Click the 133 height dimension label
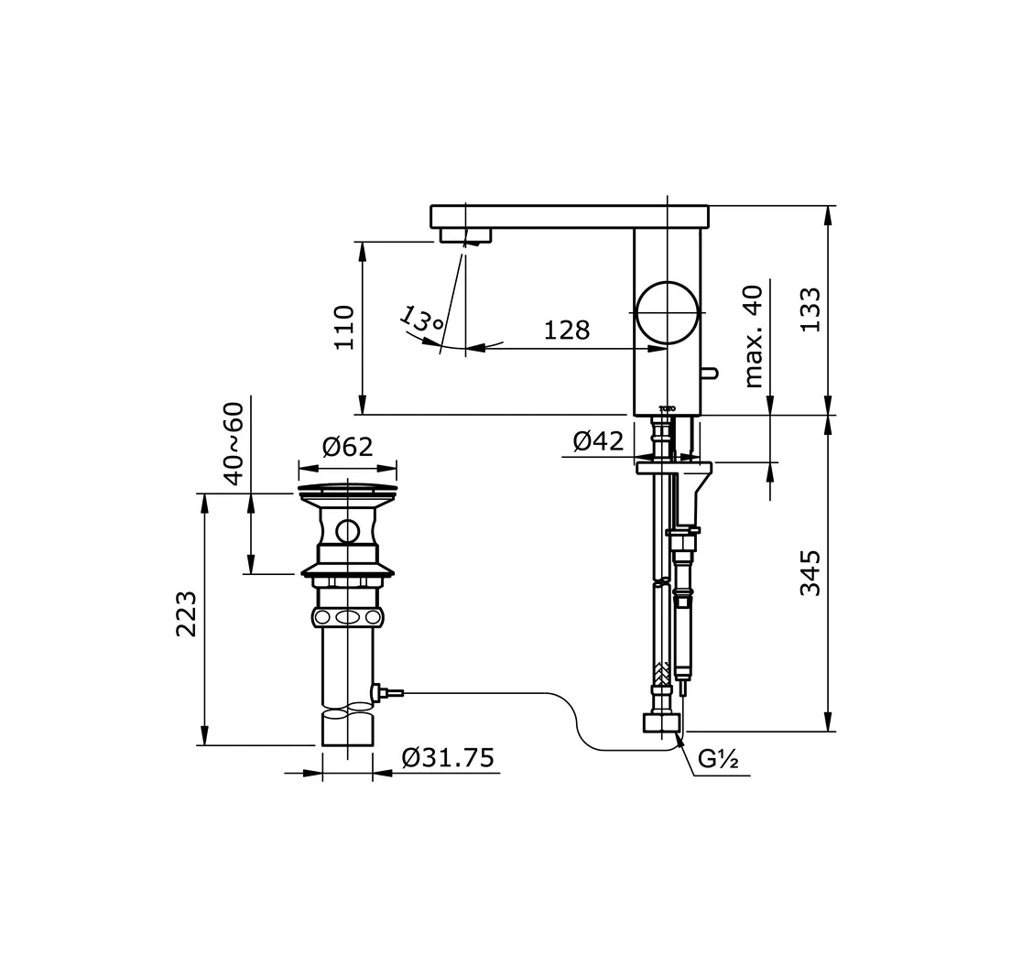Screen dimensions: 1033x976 click(x=811, y=309)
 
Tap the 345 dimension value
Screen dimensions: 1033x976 click(x=811, y=573)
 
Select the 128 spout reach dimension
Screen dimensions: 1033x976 click(x=567, y=330)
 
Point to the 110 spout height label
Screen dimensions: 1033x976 click(x=344, y=327)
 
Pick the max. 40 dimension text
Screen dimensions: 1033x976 click(x=753, y=337)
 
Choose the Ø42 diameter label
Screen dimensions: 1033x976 click(x=597, y=441)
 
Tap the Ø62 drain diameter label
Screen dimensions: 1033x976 click(x=347, y=447)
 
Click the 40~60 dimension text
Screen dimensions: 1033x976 click(x=234, y=443)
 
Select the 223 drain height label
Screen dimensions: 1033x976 click(x=187, y=613)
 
